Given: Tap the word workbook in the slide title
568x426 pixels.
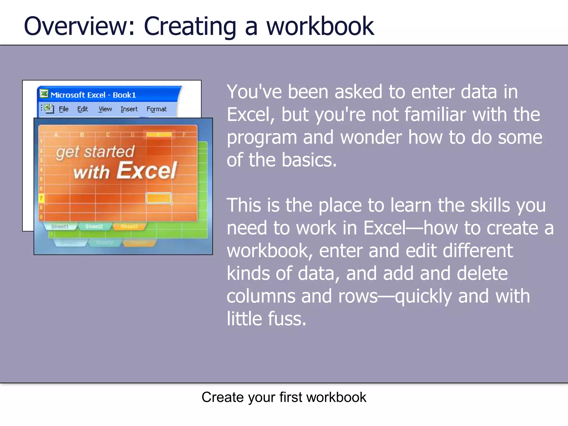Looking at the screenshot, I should [320, 26].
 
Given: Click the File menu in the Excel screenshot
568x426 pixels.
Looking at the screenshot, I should [64, 109].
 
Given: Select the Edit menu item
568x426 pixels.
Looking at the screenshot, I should [82, 109].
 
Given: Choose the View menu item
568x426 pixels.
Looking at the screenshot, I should [105, 109].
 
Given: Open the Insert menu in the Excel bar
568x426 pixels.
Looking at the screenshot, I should [129, 109].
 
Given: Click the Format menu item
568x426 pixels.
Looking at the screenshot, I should [156, 109].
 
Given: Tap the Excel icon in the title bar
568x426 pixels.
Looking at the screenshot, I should [44, 94].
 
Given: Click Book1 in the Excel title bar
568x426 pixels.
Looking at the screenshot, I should [124, 95].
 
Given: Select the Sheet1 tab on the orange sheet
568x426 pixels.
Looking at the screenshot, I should [59, 227].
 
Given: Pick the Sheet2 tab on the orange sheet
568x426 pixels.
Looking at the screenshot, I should [94, 227].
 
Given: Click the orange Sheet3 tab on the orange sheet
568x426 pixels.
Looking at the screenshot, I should [129, 227].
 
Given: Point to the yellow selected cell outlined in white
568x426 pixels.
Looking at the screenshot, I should [158, 198].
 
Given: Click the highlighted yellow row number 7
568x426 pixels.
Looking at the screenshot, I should [41, 198].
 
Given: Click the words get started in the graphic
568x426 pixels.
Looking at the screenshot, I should [95, 152].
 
